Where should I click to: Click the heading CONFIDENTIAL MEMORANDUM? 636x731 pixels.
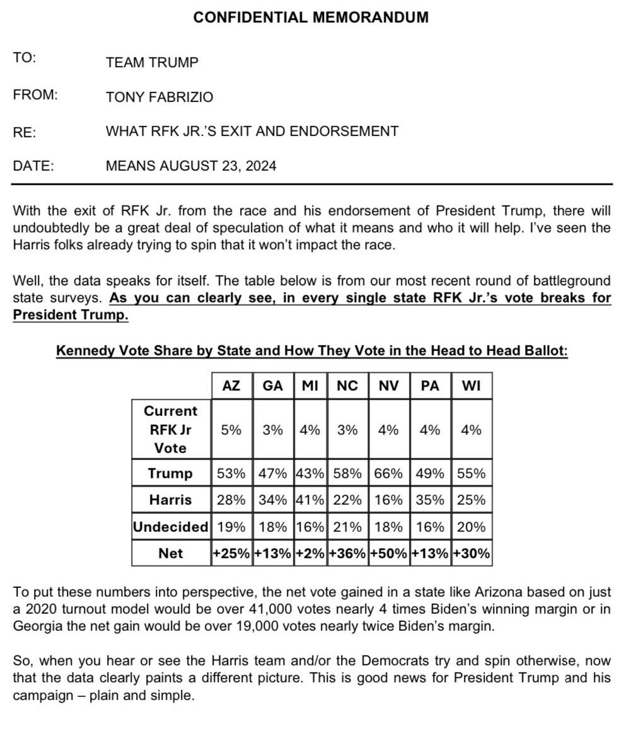(311, 18)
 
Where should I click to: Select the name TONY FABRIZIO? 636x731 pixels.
(159, 97)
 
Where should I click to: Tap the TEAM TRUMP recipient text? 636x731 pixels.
(152, 62)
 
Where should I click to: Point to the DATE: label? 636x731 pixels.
(33, 166)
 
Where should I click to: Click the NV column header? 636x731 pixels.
(388, 386)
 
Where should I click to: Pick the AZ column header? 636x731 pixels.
(231, 386)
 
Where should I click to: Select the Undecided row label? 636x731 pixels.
(171, 527)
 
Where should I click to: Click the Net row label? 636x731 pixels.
(171, 553)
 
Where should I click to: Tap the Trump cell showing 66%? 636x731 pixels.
(388, 473)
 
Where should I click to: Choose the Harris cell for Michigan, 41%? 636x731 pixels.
(309, 500)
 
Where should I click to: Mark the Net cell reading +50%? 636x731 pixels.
(388, 553)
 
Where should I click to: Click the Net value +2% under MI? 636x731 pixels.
(309, 553)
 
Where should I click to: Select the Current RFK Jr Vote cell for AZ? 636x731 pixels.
(231, 430)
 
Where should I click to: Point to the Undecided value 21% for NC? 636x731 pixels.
(347, 527)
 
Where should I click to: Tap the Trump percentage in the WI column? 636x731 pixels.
(471, 473)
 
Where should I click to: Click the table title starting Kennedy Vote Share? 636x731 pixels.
(311, 351)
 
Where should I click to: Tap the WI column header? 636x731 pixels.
(471, 386)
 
